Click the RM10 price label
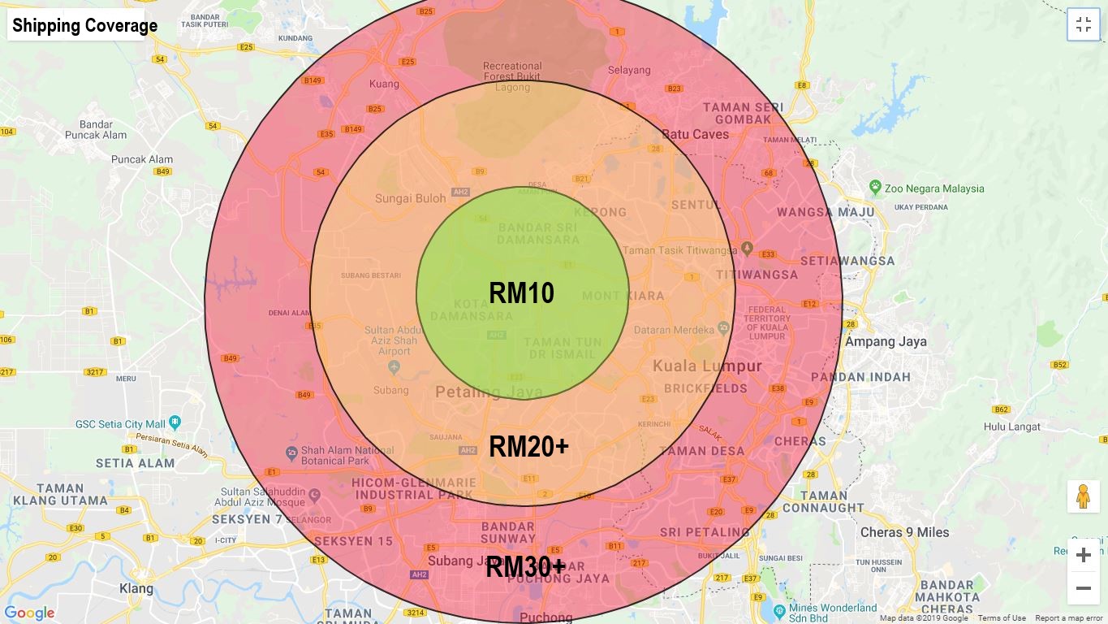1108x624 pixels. [521, 293]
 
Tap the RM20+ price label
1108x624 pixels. [528, 446]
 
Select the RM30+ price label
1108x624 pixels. [525, 567]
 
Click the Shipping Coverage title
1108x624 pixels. [84, 26]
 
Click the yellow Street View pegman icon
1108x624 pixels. [1083, 496]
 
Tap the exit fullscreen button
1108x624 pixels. [1083, 24]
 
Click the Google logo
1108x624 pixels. [29, 613]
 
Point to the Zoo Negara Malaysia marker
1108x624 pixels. [875, 188]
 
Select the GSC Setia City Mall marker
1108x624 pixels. [175, 423]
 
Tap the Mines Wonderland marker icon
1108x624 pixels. [779, 609]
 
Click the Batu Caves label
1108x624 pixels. [695, 134]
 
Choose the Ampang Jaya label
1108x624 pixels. [886, 341]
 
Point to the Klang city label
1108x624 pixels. [136, 588]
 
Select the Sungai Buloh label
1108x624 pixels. [410, 198]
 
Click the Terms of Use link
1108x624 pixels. [1002, 618]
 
